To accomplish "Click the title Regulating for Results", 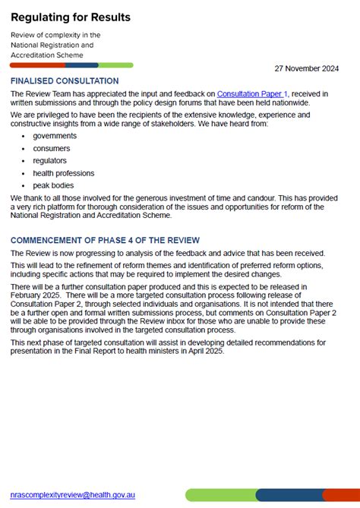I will coord(71,17).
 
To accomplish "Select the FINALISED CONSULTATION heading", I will coord(65,80).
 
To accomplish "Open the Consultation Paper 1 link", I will coord(252,93).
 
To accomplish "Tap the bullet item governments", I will coord(55,135).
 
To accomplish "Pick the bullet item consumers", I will coord(52,148).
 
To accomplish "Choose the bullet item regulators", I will coord(50,161).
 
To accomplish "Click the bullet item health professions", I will coord(64,173).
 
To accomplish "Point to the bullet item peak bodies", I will coord(53,186).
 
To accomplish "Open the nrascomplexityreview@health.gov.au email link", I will coord(84,494).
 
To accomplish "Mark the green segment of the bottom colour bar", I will coord(220,495).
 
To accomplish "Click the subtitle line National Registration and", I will coord(52,45).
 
